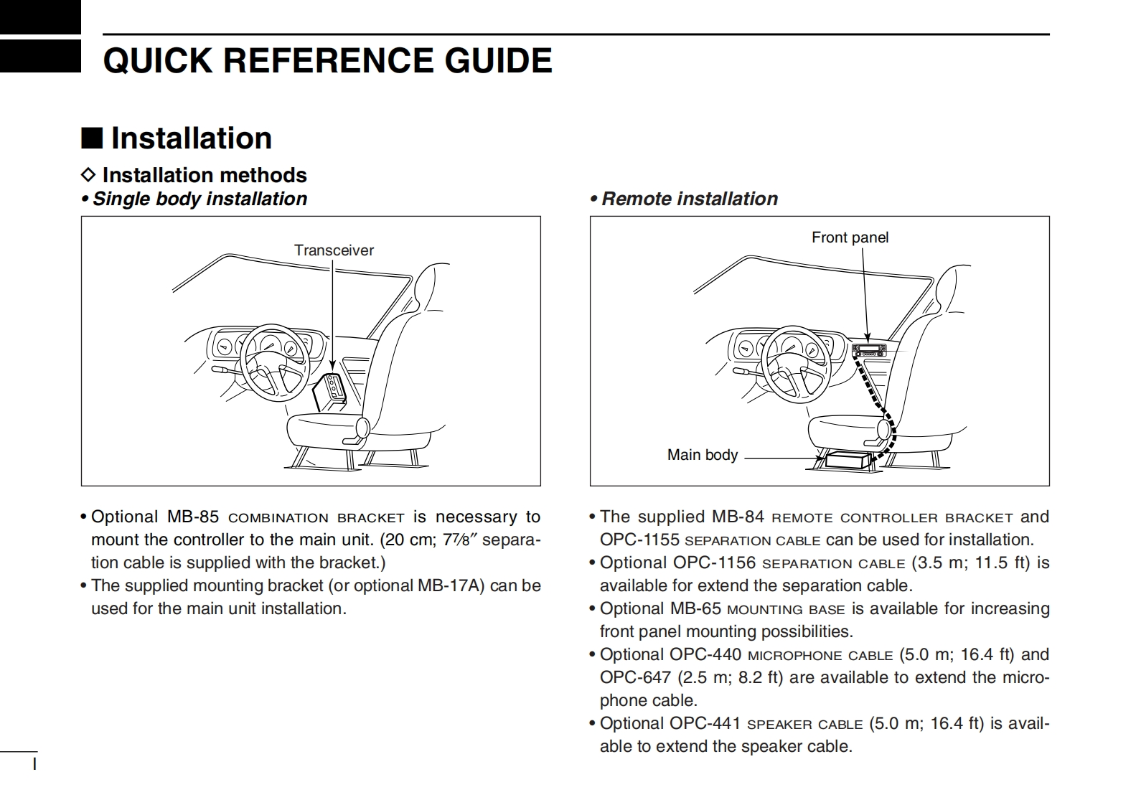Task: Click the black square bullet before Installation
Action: [x=91, y=137]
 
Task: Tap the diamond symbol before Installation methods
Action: [x=88, y=174]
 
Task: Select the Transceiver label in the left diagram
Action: [x=334, y=250]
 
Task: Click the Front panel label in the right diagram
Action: [x=850, y=237]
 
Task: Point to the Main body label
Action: [x=702, y=455]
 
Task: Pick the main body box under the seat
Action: [x=848, y=459]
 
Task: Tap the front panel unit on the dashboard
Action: [x=869, y=350]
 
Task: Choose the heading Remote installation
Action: [x=689, y=199]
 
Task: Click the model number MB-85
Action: [x=192, y=517]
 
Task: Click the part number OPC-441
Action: [x=705, y=723]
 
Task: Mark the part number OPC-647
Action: [x=635, y=677]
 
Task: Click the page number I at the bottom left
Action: [x=34, y=763]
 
